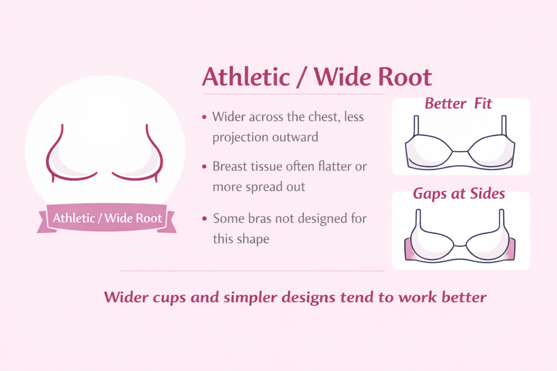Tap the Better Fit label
click(459, 103)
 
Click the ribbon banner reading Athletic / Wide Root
click(107, 218)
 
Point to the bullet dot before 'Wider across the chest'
click(204, 117)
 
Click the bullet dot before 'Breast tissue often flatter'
click(204, 167)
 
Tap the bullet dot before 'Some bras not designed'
click(204, 219)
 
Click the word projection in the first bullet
click(239, 137)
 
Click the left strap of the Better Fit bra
click(417, 126)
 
